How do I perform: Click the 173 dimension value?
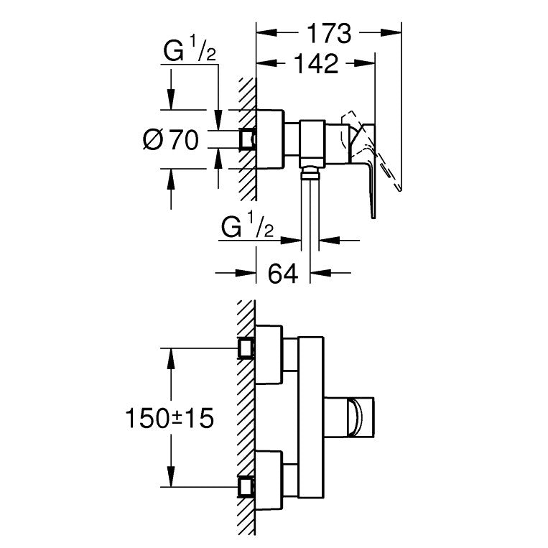(329, 33)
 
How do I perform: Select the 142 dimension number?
(315, 65)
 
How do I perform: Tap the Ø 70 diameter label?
(171, 140)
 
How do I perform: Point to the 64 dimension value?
(282, 273)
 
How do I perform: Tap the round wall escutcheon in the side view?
(270, 141)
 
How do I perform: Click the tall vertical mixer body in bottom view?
(311, 417)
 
